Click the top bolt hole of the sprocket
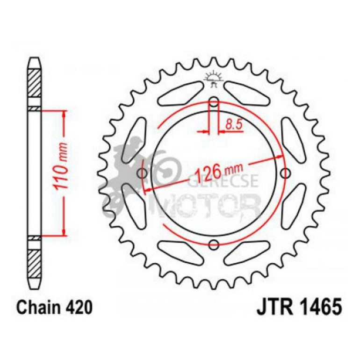click(214, 101)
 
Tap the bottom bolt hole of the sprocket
click(214, 244)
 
